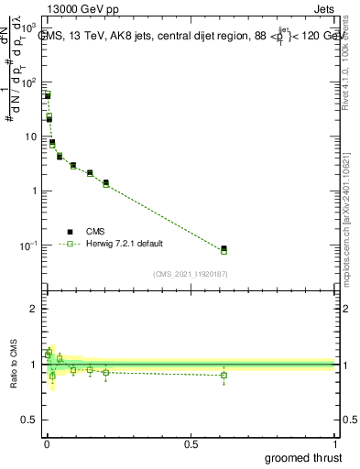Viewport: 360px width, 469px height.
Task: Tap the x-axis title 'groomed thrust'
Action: coord(303,457)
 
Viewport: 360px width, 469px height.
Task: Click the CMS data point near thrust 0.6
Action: coord(224,248)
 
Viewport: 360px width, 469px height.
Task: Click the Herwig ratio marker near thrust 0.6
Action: coord(224,375)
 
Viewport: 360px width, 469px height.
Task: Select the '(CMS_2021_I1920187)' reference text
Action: coord(190,273)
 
